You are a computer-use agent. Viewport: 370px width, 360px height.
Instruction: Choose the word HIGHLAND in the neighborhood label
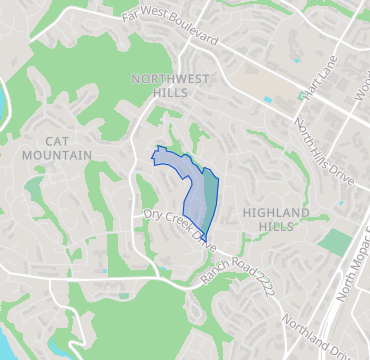point(276,212)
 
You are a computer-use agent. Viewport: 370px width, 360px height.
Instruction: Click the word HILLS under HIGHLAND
point(276,227)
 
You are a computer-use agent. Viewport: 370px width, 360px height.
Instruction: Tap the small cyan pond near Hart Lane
point(266,100)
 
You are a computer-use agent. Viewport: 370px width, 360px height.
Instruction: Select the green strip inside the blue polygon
point(210,195)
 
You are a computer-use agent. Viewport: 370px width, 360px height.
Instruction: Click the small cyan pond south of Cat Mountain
point(103,270)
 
